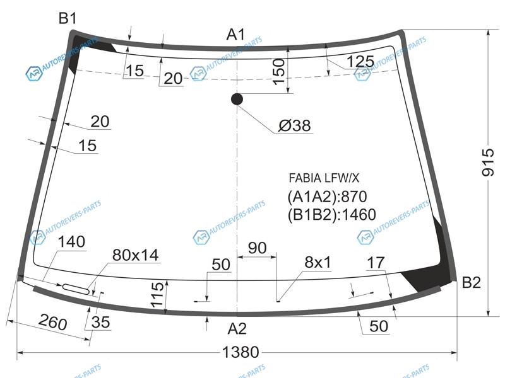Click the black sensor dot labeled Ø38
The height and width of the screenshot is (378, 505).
(237, 99)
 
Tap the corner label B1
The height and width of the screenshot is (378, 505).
(68, 18)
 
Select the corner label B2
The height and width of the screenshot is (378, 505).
(471, 282)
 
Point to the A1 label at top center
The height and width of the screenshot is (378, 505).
(235, 35)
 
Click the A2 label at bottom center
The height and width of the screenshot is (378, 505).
(237, 328)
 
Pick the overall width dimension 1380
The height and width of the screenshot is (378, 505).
(241, 352)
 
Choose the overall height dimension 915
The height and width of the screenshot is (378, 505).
(487, 163)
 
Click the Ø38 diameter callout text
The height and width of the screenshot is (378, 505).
(294, 125)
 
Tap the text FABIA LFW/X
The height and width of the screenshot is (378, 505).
(324, 178)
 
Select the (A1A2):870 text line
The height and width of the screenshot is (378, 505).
(327, 197)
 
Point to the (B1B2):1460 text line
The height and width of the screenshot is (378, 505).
(331, 214)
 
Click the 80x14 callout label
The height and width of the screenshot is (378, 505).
(135, 255)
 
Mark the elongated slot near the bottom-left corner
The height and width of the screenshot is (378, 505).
(76, 289)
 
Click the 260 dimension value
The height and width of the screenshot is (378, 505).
(53, 322)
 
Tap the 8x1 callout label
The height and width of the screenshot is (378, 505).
(318, 262)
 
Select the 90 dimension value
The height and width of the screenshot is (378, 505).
(258, 248)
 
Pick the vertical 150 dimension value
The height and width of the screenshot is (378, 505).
(279, 72)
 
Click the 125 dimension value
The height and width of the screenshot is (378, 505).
(360, 61)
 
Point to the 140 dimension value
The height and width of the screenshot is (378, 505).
(71, 242)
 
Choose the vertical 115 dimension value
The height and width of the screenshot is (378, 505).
(157, 295)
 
